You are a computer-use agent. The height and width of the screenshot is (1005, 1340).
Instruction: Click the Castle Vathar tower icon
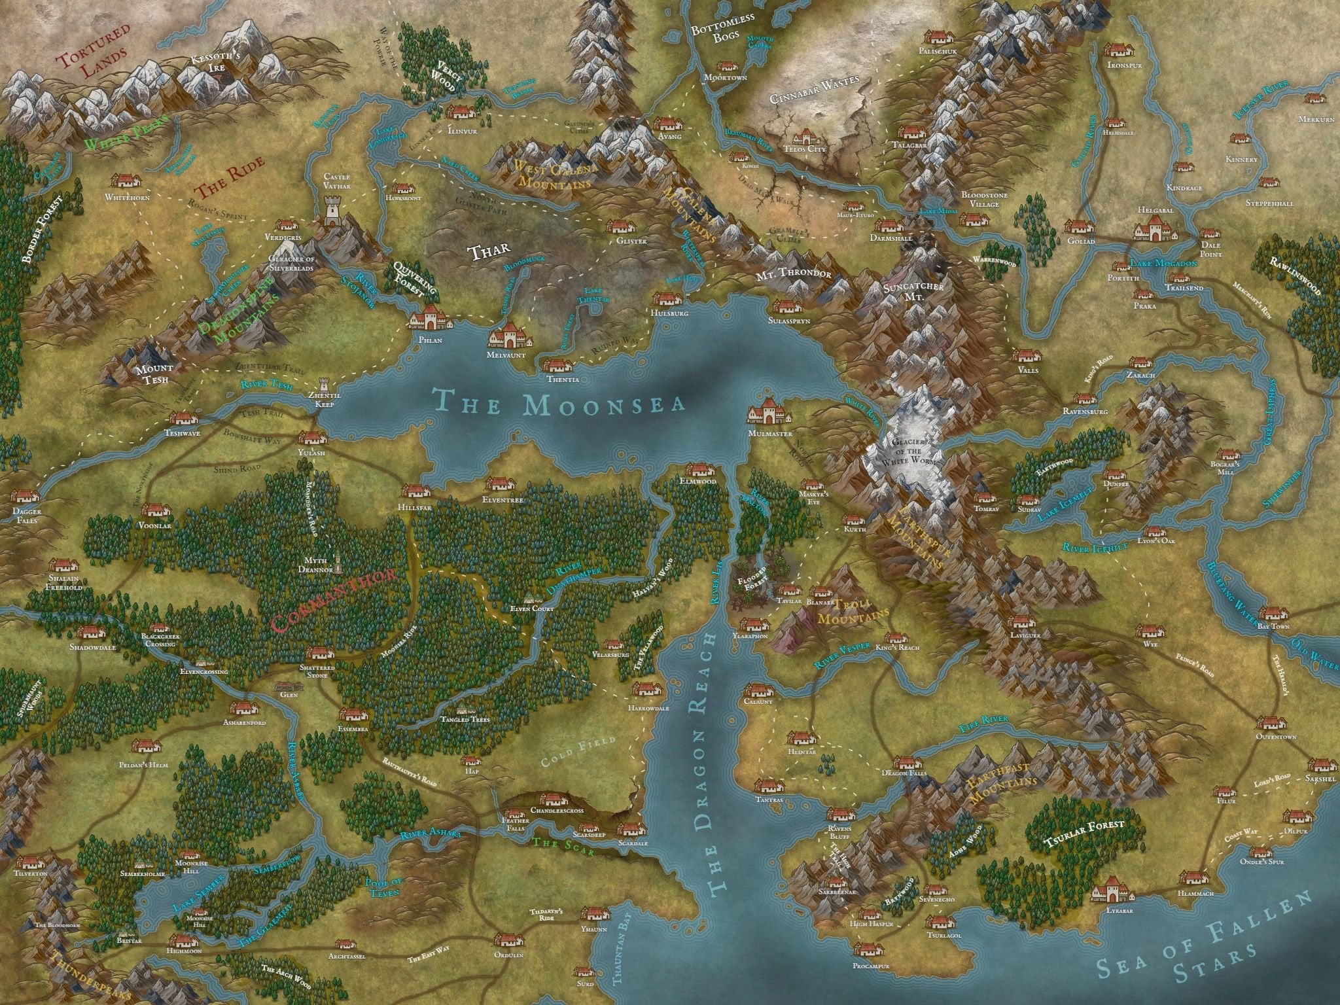click(334, 212)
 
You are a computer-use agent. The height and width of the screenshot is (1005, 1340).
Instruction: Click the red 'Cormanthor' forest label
click(333, 601)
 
